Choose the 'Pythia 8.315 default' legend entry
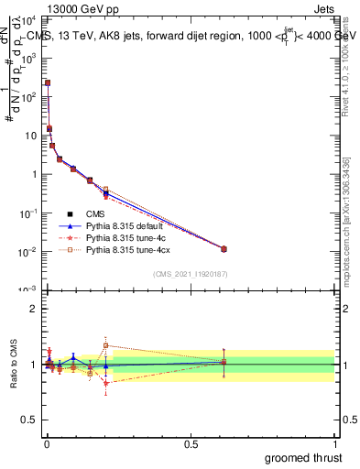(119, 225)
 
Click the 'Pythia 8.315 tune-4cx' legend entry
(121, 249)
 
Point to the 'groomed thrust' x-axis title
(302, 457)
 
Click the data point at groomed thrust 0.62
(224, 248)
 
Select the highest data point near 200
(48, 82)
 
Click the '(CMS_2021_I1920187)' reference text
(190, 274)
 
